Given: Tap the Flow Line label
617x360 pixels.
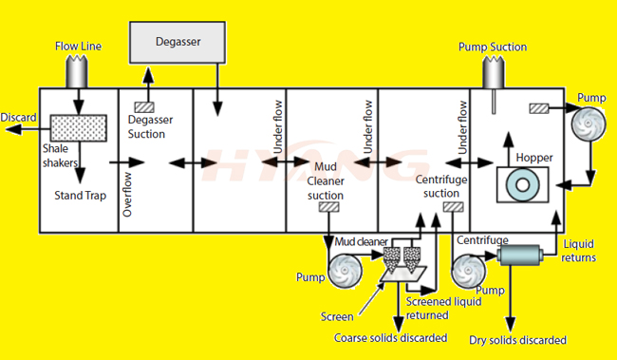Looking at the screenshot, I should click(79, 45).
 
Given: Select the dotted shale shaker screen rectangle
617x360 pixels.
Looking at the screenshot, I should click(78, 126).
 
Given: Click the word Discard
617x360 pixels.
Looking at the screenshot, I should click(18, 118).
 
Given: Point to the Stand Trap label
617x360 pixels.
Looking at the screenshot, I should click(81, 193).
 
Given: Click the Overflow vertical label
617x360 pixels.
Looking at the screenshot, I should click(126, 195).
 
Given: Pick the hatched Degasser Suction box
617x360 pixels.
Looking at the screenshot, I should click(145, 107).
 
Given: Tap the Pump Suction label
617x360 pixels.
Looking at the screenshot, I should click(492, 47).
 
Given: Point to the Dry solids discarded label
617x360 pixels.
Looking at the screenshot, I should click(518, 339).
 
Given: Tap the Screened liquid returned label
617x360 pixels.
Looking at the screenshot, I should click(443, 307).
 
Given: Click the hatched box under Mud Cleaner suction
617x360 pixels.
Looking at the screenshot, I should click(329, 207).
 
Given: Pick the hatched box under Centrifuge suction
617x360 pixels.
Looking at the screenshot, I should click(453, 207).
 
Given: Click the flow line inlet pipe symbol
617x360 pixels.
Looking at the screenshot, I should click(78, 70).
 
